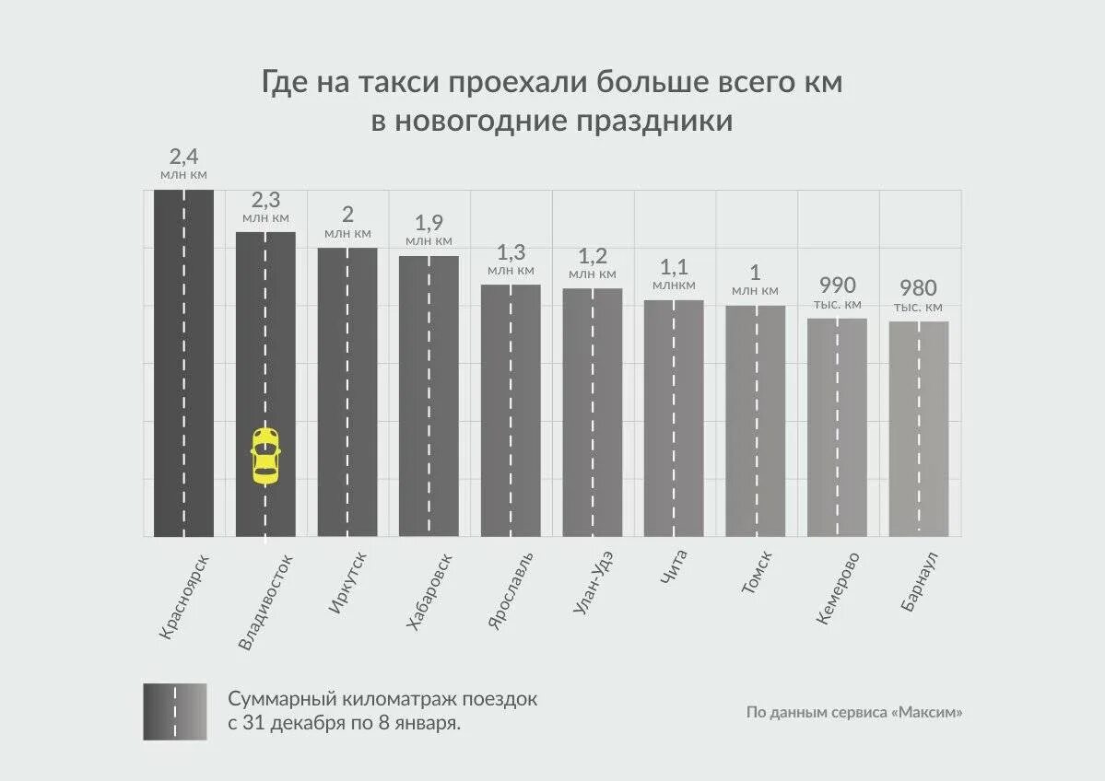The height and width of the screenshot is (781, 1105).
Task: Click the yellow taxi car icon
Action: point(265,456)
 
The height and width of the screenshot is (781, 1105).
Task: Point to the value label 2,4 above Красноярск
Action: point(183,156)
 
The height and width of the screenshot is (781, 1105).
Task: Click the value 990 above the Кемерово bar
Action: point(837,286)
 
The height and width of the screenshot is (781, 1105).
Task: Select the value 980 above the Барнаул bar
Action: point(918,288)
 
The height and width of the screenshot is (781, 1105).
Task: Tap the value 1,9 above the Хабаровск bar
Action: point(429,222)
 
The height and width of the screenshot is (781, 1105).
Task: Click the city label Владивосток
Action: point(265,602)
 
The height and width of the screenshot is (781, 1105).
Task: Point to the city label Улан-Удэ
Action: point(593,594)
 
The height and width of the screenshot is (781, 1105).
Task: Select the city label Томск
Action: point(756,573)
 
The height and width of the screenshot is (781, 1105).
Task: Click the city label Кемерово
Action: point(838,589)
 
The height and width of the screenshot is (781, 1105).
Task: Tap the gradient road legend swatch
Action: point(175,712)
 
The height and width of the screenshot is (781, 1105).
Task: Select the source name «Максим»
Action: point(927,713)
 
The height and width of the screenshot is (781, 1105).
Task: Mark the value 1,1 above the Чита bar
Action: point(674,267)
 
